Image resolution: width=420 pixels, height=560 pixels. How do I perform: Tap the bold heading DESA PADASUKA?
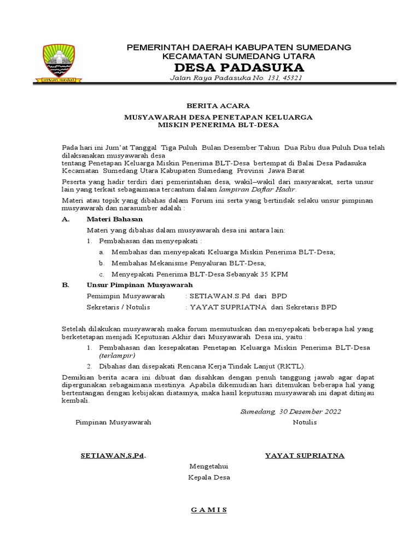[239, 67]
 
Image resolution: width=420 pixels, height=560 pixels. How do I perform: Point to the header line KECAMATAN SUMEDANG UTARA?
[239, 56]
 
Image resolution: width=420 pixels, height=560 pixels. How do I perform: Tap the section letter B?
[65, 285]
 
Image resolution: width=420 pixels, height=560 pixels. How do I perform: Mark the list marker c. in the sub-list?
[101, 273]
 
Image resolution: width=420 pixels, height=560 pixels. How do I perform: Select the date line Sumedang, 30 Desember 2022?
[290, 411]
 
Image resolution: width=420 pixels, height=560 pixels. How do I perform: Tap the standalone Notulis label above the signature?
[305, 422]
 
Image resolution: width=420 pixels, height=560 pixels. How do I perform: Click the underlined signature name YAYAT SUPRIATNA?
[305, 456]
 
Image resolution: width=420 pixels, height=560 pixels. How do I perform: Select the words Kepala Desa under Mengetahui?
[209, 477]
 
